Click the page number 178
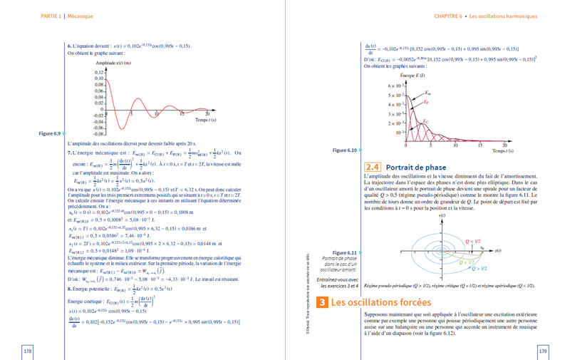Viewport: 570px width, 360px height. (x=28, y=351)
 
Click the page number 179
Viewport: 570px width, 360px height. (x=542, y=351)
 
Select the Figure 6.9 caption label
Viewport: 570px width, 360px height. (x=51, y=133)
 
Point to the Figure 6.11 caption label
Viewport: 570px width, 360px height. (x=346, y=252)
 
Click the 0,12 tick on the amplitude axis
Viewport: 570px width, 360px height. (x=99, y=73)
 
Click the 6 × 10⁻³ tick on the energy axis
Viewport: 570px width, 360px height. (x=395, y=86)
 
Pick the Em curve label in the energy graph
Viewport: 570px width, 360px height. (x=427, y=93)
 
